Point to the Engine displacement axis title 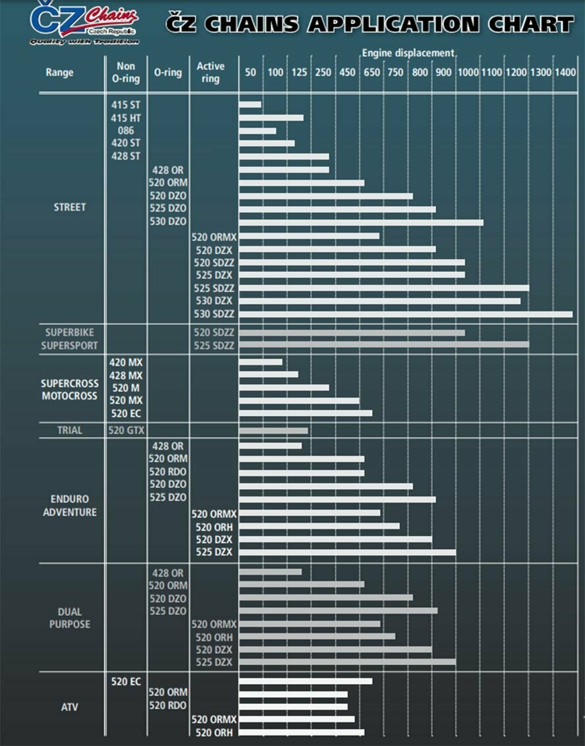(x=408, y=53)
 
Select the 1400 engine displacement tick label (x=565, y=72)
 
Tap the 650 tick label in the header (x=372, y=72)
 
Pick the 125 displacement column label (x=299, y=72)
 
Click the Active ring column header (x=210, y=72)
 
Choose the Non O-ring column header (x=126, y=72)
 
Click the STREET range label (x=69, y=207)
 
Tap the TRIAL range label (x=69, y=430)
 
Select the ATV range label (x=69, y=707)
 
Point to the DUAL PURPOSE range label (x=69, y=618)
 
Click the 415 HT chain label (x=125, y=118)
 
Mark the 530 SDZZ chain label (x=214, y=314)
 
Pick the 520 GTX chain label (x=125, y=430)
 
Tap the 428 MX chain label (x=125, y=375)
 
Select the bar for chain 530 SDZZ (x=405, y=315)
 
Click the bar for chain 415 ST (x=250, y=104)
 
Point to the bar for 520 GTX (x=273, y=431)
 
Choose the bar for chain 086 (x=257, y=130)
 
